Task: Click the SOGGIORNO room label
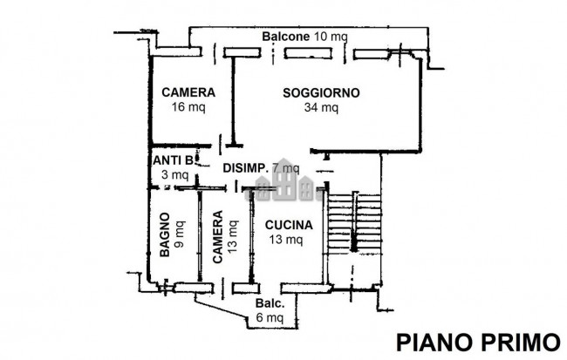tap(321, 92)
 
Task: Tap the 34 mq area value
tap(321, 108)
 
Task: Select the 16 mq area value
tap(188, 108)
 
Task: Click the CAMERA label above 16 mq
tap(188, 92)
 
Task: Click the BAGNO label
tap(164, 235)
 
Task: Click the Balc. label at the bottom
tap(269, 304)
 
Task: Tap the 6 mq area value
tap(270, 319)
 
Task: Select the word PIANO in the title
tap(430, 340)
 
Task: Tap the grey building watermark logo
tap(283, 183)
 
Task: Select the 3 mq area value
tap(175, 175)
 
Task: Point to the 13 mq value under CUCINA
tap(287, 239)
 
